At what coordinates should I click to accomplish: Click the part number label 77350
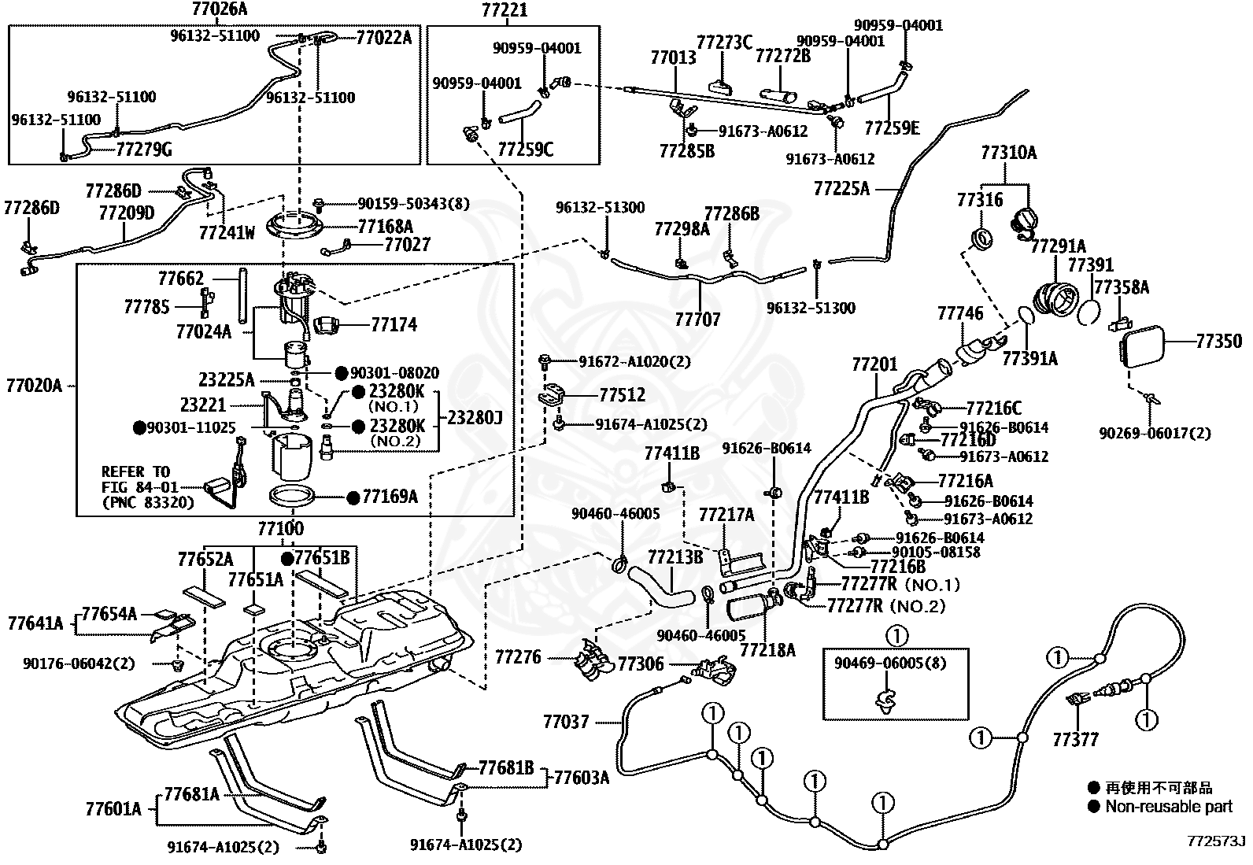(1219, 342)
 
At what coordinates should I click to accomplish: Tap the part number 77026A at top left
(219, 9)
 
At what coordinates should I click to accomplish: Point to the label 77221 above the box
(505, 9)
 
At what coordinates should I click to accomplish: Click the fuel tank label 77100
(281, 528)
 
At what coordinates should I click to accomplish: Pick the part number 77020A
(34, 386)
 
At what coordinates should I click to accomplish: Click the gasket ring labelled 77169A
(292, 497)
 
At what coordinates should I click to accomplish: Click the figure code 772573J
(1216, 841)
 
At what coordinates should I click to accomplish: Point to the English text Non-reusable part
(1169, 806)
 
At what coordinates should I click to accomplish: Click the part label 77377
(1075, 740)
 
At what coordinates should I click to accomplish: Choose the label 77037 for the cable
(566, 722)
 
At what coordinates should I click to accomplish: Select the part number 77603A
(582, 778)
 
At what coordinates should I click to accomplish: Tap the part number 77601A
(113, 809)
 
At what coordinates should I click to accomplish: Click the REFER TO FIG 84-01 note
(148, 486)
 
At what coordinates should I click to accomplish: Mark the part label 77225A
(842, 189)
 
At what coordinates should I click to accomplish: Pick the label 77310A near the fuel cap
(1008, 153)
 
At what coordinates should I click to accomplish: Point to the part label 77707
(697, 320)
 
